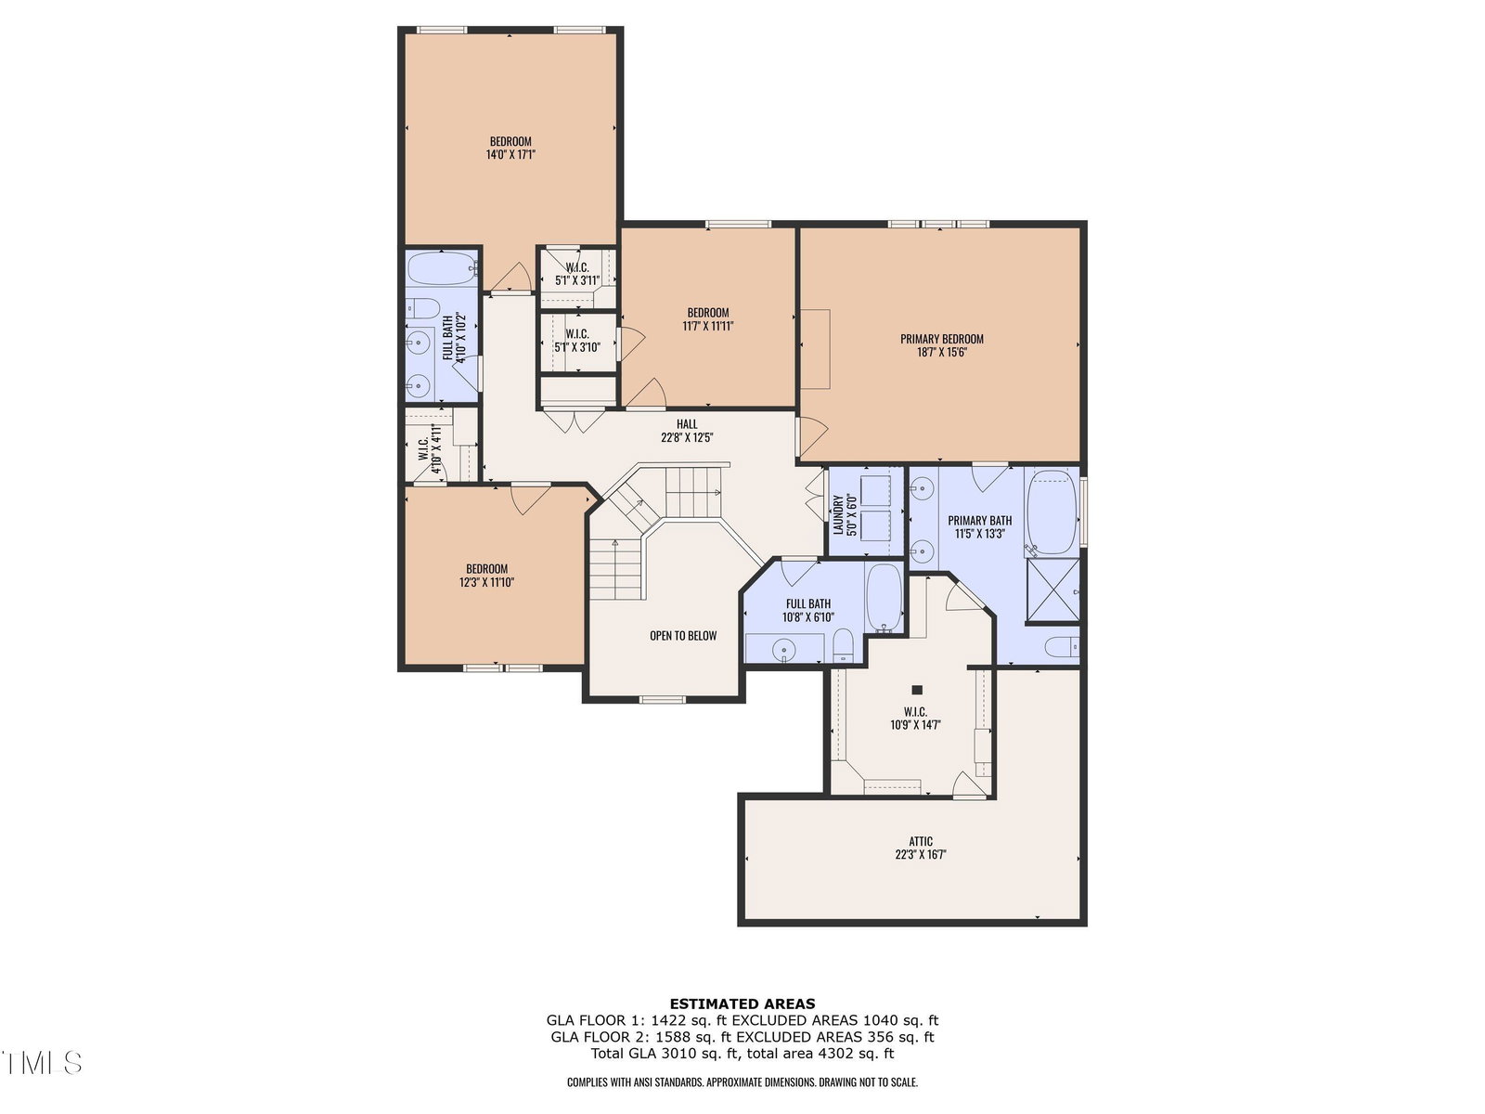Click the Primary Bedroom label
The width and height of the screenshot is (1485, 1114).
[941, 339]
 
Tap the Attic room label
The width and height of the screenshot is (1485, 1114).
[920, 841]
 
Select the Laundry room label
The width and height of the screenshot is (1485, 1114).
[838, 514]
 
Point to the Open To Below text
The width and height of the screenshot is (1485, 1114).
[682, 635]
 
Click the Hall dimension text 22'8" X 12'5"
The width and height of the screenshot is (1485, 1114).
[687, 437]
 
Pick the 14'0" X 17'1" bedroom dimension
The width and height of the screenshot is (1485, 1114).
[510, 154]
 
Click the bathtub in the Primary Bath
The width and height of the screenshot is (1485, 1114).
[1052, 512]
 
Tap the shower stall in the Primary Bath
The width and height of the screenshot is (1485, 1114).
[1052, 589]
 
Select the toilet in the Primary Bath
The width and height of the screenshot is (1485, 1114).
[1062, 647]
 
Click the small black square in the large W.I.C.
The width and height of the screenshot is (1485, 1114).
[917, 690]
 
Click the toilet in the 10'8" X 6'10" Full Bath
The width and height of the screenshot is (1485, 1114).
[843, 646]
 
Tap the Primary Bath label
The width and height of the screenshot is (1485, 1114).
[979, 520]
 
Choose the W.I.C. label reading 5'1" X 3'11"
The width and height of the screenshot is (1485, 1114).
[577, 274]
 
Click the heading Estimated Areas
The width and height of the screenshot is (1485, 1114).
[742, 1004]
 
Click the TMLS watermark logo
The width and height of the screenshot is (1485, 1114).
[42, 1063]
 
